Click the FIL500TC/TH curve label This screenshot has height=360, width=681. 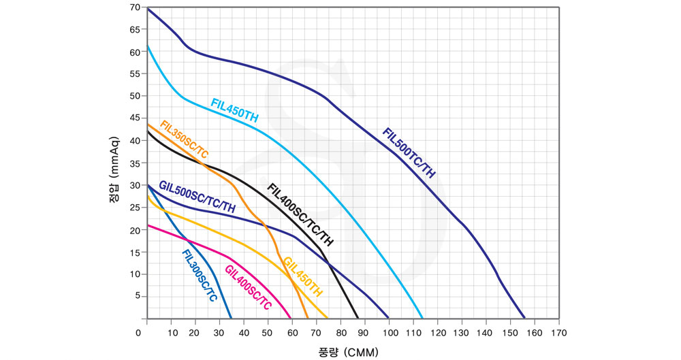click(409, 153)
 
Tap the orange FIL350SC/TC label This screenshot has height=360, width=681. click(183, 139)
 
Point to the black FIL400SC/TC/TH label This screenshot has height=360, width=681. click(300, 214)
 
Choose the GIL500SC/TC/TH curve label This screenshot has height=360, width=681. click(197, 196)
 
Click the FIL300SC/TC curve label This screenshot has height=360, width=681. click(199, 275)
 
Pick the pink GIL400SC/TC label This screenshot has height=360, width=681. click(248, 287)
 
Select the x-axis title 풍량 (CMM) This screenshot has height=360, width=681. click(347, 352)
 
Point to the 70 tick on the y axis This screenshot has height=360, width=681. click(135, 7)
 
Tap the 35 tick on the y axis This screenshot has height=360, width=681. click(135, 163)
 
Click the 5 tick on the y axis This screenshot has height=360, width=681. click(137, 296)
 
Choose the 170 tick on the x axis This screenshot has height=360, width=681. click(559, 333)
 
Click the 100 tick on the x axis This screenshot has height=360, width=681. click(387, 333)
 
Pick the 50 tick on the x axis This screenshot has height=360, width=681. click(268, 333)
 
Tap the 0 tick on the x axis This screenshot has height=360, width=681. click(140, 333)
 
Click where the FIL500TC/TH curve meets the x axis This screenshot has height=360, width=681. click(525, 318)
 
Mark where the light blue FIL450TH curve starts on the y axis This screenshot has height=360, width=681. click(148, 46)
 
